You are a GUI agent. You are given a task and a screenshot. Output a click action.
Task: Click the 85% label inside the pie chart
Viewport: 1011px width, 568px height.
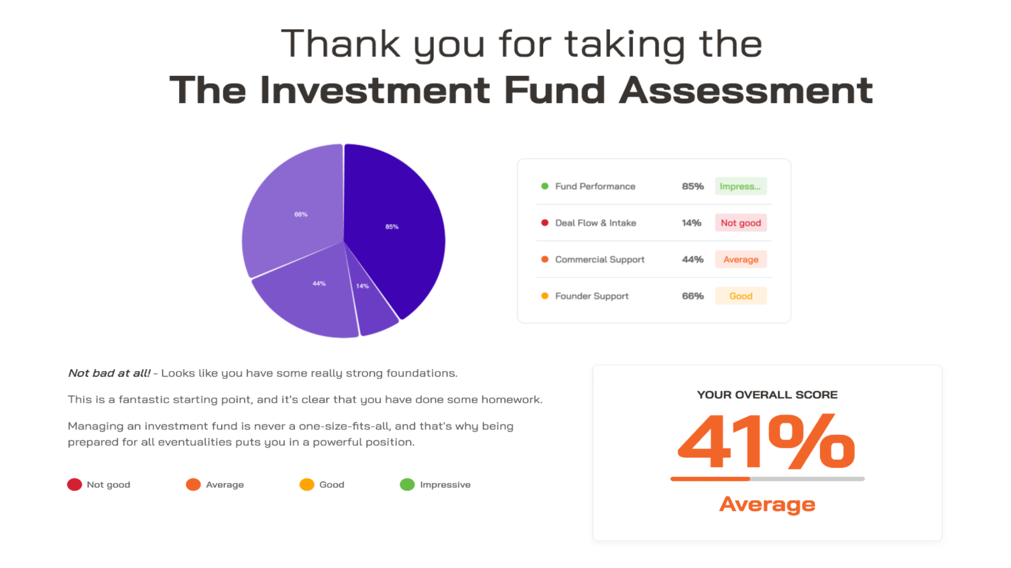392,226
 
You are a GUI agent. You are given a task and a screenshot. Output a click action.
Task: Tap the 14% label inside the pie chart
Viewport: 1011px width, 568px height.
362,286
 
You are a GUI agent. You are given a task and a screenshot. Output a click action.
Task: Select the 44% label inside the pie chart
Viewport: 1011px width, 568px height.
319,283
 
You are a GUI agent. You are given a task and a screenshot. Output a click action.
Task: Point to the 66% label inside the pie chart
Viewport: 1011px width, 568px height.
301,214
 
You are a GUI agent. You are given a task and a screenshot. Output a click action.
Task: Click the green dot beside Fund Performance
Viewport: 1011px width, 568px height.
545,186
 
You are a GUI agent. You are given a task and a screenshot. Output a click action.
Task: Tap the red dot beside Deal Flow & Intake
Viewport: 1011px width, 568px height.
545,222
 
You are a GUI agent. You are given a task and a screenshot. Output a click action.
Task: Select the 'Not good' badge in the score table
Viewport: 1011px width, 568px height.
741,222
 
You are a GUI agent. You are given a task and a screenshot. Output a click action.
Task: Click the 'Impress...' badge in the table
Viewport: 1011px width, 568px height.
741,186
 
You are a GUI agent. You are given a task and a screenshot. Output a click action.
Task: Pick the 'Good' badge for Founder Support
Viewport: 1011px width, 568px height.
741,296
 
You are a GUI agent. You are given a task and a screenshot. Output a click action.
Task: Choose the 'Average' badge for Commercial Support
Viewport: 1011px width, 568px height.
741,259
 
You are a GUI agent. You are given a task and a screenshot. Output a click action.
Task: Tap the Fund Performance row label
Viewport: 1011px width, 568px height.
595,186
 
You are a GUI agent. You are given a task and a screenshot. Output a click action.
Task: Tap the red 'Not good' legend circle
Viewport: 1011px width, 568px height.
74,485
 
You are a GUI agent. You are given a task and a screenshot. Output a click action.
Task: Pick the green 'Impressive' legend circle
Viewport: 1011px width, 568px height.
407,485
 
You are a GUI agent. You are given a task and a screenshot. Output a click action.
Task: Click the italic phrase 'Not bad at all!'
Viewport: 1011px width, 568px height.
109,373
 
